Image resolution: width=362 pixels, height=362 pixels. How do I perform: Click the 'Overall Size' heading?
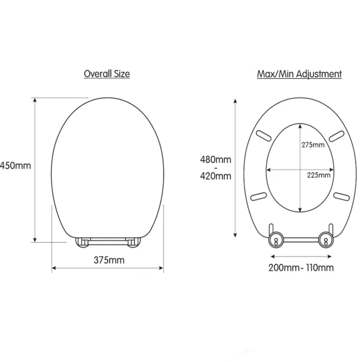(107, 74)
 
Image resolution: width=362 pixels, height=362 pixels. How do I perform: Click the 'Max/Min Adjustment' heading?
(299, 74)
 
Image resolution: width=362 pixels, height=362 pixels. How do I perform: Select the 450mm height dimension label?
(15, 165)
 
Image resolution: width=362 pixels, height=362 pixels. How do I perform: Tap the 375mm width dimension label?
(109, 260)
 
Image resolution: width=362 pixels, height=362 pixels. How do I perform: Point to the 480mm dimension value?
(216, 160)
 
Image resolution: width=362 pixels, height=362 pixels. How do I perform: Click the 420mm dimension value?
(216, 176)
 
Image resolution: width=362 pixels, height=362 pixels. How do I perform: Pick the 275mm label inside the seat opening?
(313, 145)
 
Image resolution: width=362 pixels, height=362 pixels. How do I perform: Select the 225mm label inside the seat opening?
(318, 175)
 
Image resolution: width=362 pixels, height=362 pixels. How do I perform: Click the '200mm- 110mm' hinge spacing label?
(301, 267)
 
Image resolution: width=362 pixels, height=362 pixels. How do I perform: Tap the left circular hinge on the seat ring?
(276, 240)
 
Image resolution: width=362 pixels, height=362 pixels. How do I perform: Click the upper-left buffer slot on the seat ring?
(265, 136)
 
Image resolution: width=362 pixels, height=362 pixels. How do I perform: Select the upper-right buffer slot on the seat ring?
(336, 136)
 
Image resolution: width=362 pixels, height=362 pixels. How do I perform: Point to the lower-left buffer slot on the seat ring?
(259, 196)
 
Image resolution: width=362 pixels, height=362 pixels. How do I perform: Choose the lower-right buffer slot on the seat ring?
(341, 196)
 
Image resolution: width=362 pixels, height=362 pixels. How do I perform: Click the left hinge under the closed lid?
(82, 242)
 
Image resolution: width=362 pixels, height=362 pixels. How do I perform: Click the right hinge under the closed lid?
(133, 242)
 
